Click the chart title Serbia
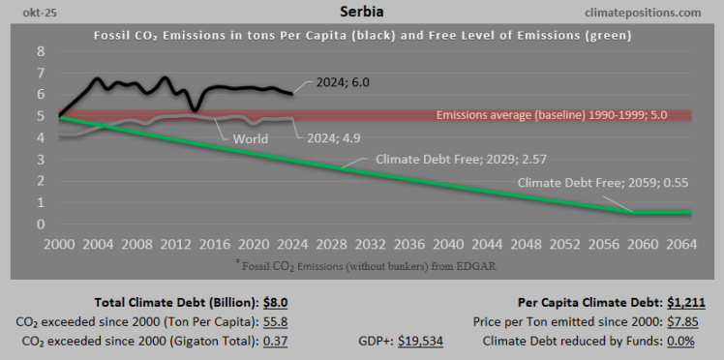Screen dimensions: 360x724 click(361, 12)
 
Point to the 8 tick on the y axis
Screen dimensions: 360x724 click(40, 50)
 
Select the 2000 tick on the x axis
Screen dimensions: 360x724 click(59, 243)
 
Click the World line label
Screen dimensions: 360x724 click(251, 138)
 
